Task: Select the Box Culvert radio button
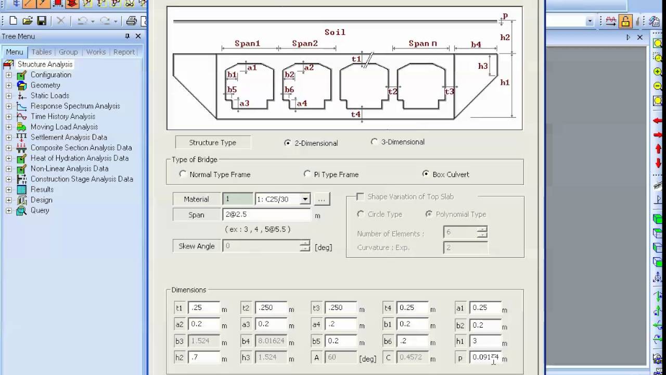(426, 174)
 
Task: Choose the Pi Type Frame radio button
(308, 174)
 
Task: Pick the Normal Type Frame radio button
(183, 174)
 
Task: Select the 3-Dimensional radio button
(374, 142)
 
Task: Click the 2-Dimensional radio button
(288, 143)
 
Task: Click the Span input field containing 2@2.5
(266, 215)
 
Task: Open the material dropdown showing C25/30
(305, 199)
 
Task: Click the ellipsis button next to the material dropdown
(322, 199)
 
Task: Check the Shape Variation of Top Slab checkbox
(360, 196)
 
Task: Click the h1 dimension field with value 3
(484, 341)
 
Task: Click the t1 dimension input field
(203, 308)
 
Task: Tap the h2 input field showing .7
(203, 358)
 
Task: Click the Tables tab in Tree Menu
(42, 52)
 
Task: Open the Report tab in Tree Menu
(124, 52)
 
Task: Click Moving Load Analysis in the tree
(64, 127)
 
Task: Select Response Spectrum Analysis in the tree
(75, 106)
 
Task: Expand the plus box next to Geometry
(9, 85)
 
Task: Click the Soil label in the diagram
(335, 32)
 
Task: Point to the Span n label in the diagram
(422, 44)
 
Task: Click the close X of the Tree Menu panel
(138, 36)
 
